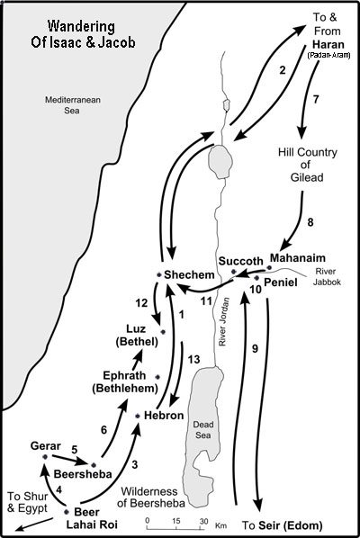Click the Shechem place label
point(189,274)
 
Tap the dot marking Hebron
point(138,417)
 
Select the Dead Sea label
point(203,430)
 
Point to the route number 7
point(316,99)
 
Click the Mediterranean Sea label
point(73,105)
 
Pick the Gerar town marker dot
point(45,457)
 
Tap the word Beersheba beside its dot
point(83,474)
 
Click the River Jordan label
point(223,321)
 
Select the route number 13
point(193,360)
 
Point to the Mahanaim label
point(298,257)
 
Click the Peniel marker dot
point(256,278)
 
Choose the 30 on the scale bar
point(204,521)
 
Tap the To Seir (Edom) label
point(282,525)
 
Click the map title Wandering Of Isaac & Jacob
point(83,34)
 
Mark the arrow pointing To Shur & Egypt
point(34,524)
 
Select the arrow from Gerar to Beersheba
point(68,460)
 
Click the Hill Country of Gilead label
point(308,165)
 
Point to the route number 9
point(255,348)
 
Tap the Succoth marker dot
point(234,272)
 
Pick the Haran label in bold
point(328,45)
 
